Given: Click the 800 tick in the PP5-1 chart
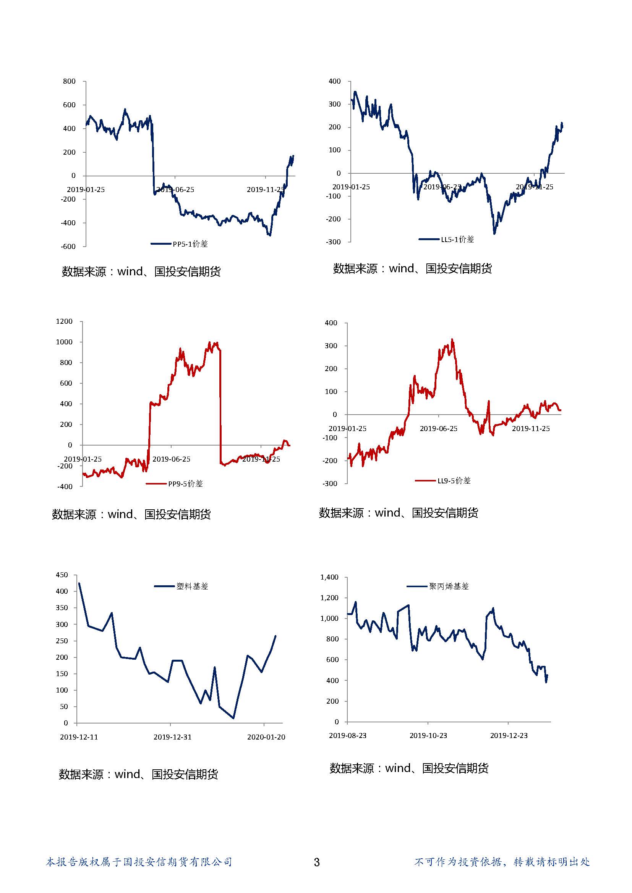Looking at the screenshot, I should pyautogui.click(x=69, y=81).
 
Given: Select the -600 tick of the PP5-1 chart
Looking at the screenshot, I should pyautogui.click(x=68, y=246).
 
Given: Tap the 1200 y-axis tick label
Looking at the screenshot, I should pyautogui.click(x=64, y=321).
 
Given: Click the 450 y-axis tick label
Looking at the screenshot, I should pyautogui.click(x=62, y=575).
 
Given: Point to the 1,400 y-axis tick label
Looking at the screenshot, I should pyautogui.click(x=329, y=577).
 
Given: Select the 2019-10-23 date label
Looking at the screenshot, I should pyautogui.click(x=428, y=735).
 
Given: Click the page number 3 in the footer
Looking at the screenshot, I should pyautogui.click(x=316, y=862).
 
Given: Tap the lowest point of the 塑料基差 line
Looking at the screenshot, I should pyautogui.click(x=233, y=718).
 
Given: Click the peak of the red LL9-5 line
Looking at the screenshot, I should pyautogui.click(x=452, y=339).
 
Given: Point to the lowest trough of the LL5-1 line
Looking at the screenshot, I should pyautogui.click(x=494, y=234).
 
